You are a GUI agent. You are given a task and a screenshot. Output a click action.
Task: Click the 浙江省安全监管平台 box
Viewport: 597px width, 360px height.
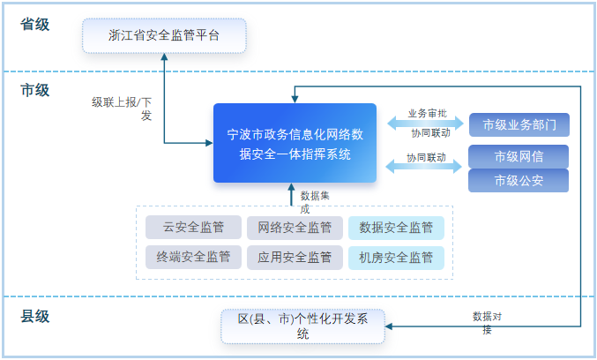[163, 36]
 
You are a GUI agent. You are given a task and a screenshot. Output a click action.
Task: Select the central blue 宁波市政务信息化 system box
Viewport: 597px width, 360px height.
[295, 144]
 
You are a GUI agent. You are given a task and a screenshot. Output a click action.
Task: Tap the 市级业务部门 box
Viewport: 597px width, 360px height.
[519, 124]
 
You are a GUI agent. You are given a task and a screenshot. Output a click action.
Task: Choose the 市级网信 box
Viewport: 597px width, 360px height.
[519, 156]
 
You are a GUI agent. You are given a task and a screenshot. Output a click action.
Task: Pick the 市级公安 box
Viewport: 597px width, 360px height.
[519, 181]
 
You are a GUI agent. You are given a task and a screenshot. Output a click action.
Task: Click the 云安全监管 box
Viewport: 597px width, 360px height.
[194, 228]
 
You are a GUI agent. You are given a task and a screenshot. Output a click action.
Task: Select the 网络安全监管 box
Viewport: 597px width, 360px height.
[295, 228]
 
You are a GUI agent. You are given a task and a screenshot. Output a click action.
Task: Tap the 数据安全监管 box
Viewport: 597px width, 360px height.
[396, 228]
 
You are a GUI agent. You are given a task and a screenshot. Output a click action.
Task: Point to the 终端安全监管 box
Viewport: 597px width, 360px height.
[194, 257]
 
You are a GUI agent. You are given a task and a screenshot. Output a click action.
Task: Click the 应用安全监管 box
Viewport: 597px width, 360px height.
[295, 257]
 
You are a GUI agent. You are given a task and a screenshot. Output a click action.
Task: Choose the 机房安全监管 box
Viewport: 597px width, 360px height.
[396, 257]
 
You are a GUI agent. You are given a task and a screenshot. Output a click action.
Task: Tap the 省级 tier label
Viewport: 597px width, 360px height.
[35, 24]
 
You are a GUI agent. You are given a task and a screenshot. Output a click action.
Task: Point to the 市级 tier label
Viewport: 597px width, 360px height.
[35, 89]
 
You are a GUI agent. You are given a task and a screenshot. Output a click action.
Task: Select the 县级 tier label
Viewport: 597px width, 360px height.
[35, 316]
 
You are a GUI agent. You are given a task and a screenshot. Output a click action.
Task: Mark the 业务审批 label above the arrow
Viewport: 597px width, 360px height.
[427, 114]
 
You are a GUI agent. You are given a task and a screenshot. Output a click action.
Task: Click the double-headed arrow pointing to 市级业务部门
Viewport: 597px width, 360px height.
[426, 124]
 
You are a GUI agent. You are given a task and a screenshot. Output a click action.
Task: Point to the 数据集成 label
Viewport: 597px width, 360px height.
[314, 200]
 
